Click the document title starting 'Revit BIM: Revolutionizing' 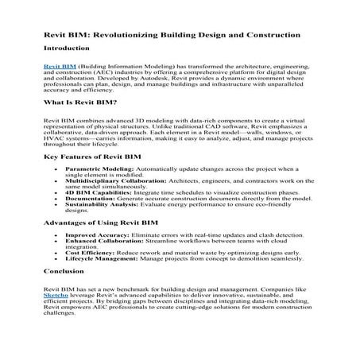[x=172, y=35]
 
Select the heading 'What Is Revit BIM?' [x=80, y=103]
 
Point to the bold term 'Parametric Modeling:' [x=96, y=169]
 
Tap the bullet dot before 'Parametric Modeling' [x=56, y=169]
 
